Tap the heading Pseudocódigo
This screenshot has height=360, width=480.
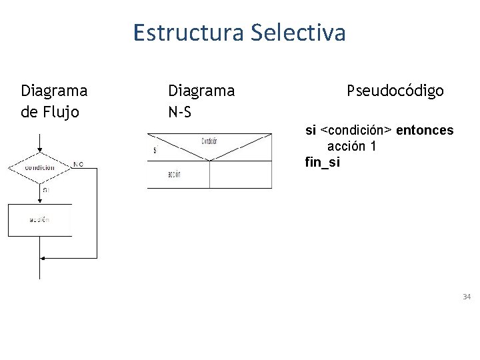click(x=395, y=91)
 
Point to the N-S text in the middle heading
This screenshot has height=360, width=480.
click(x=180, y=111)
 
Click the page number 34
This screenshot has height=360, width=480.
click(x=467, y=296)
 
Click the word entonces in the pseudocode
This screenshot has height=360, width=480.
click(x=425, y=130)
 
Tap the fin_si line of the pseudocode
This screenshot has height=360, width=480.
click(x=322, y=162)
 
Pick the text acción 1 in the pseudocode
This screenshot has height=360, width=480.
click(x=351, y=146)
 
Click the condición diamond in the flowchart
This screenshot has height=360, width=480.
click(x=40, y=167)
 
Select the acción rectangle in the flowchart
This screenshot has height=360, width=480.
click(x=39, y=219)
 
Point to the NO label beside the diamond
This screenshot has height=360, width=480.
click(x=79, y=163)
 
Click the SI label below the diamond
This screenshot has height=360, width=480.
click(x=45, y=190)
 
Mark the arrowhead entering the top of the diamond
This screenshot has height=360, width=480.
click(x=41, y=150)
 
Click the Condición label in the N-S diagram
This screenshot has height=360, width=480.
click(x=209, y=141)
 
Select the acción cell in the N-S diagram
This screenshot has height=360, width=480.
click(x=178, y=175)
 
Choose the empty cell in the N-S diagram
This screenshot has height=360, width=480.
click(x=241, y=175)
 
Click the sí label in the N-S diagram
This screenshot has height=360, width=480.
click(x=155, y=150)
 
